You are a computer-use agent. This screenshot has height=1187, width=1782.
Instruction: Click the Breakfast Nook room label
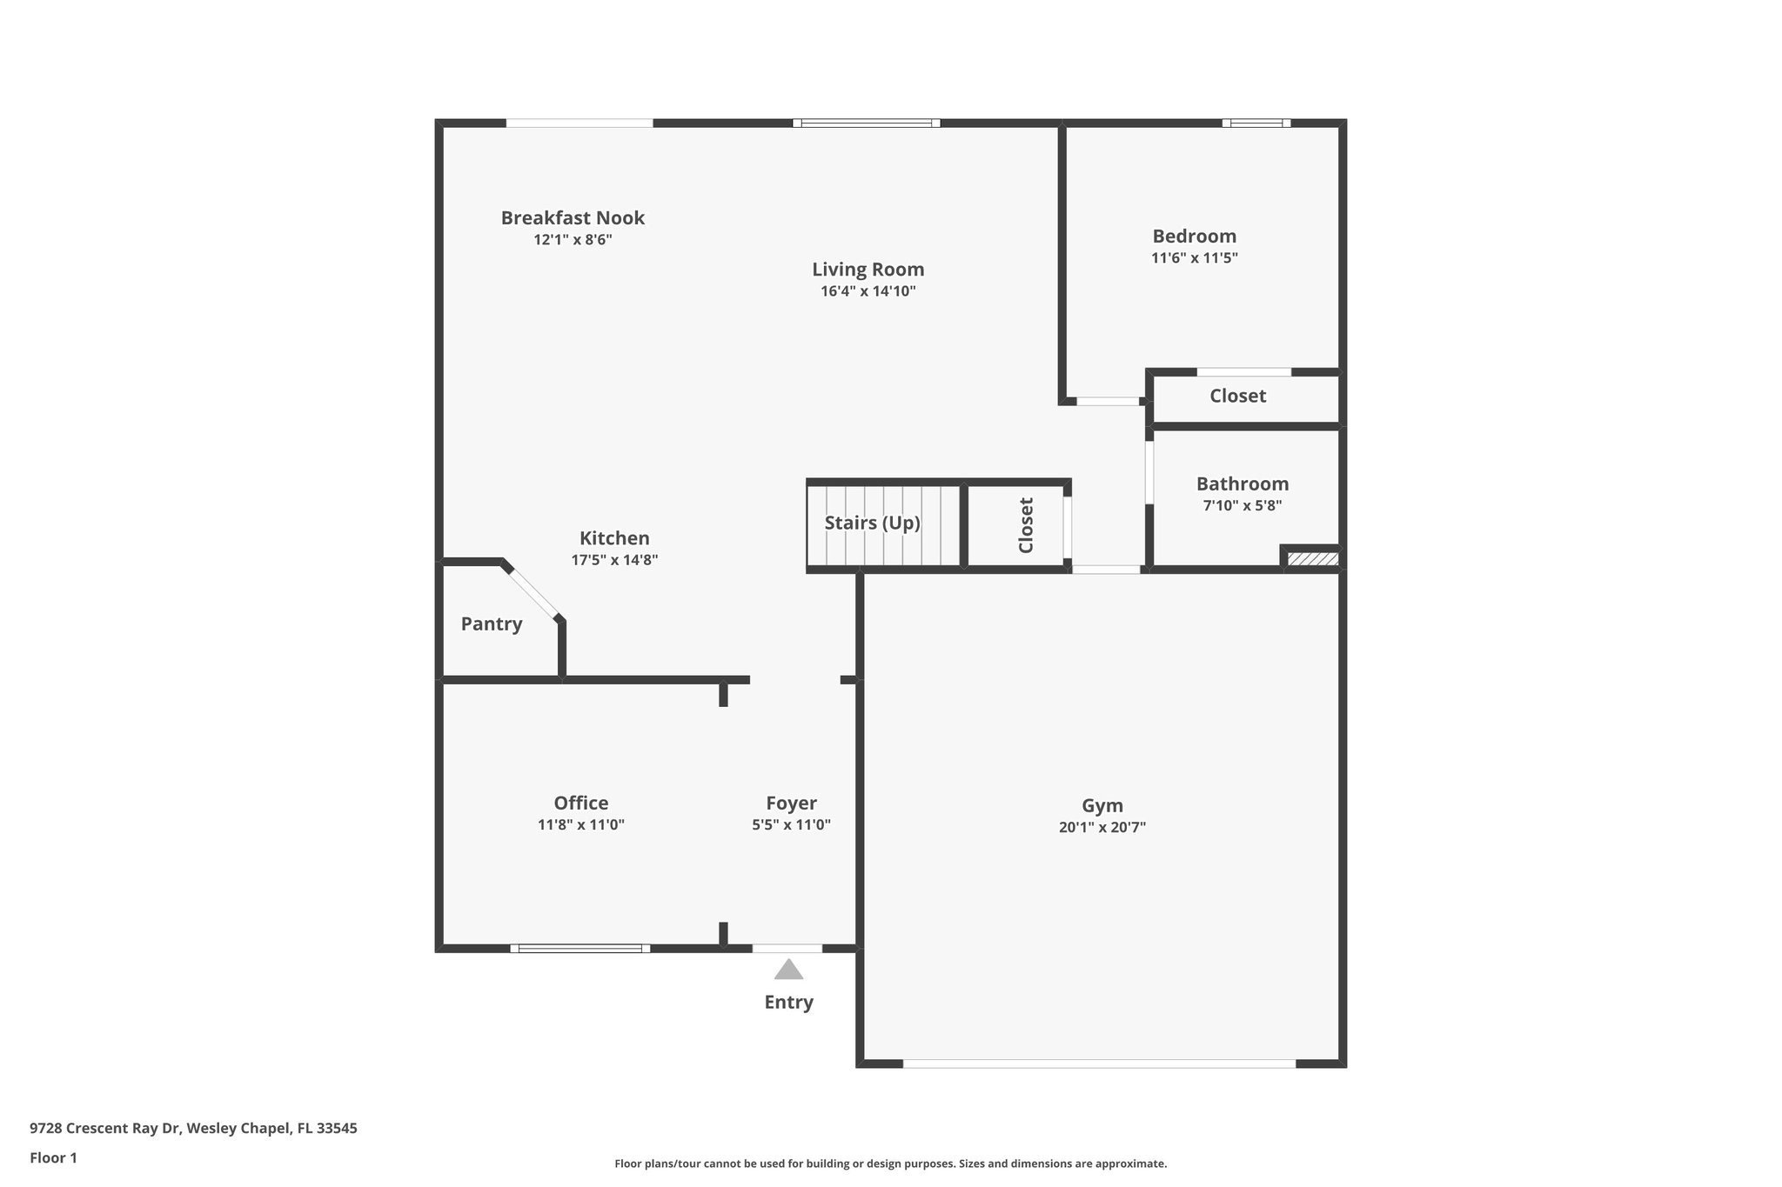(x=573, y=217)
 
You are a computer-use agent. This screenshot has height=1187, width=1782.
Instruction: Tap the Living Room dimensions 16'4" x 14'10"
(x=868, y=291)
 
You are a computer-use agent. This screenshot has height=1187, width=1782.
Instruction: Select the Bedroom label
(x=1194, y=236)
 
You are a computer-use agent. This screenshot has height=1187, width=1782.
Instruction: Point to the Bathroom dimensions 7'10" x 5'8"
(x=1243, y=505)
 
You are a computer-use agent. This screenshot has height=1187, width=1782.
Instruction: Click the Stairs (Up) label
(x=873, y=523)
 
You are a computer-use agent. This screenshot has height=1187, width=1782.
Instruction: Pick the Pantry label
(x=492, y=624)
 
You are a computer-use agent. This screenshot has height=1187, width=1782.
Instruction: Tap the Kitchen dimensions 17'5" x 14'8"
(x=614, y=560)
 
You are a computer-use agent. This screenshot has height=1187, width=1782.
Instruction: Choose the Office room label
(x=581, y=803)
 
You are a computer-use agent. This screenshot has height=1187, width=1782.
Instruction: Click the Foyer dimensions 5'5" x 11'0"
(x=792, y=824)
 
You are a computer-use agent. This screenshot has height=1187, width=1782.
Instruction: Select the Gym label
(x=1102, y=806)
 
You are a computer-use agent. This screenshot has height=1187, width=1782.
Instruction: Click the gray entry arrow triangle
(x=788, y=969)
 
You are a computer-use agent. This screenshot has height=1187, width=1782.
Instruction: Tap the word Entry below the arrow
(x=789, y=1003)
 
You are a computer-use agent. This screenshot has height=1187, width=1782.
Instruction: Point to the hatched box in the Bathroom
(x=1313, y=558)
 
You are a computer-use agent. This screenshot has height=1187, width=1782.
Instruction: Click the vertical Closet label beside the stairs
(x=1026, y=525)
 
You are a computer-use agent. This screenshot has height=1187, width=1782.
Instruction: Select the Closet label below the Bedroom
(x=1238, y=396)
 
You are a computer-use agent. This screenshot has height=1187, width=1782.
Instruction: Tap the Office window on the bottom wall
(x=580, y=948)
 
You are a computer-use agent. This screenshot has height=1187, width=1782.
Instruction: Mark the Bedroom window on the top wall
(x=1256, y=123)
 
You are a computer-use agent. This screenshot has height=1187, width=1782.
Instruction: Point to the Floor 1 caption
(x=54, y=1158)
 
